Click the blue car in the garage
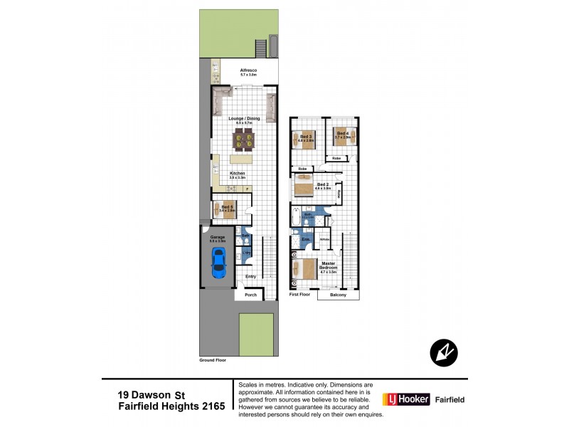218,264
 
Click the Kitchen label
237,174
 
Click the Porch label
250,295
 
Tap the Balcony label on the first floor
337,295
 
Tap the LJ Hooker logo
406,400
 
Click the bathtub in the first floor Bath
295,217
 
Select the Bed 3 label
304,136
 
